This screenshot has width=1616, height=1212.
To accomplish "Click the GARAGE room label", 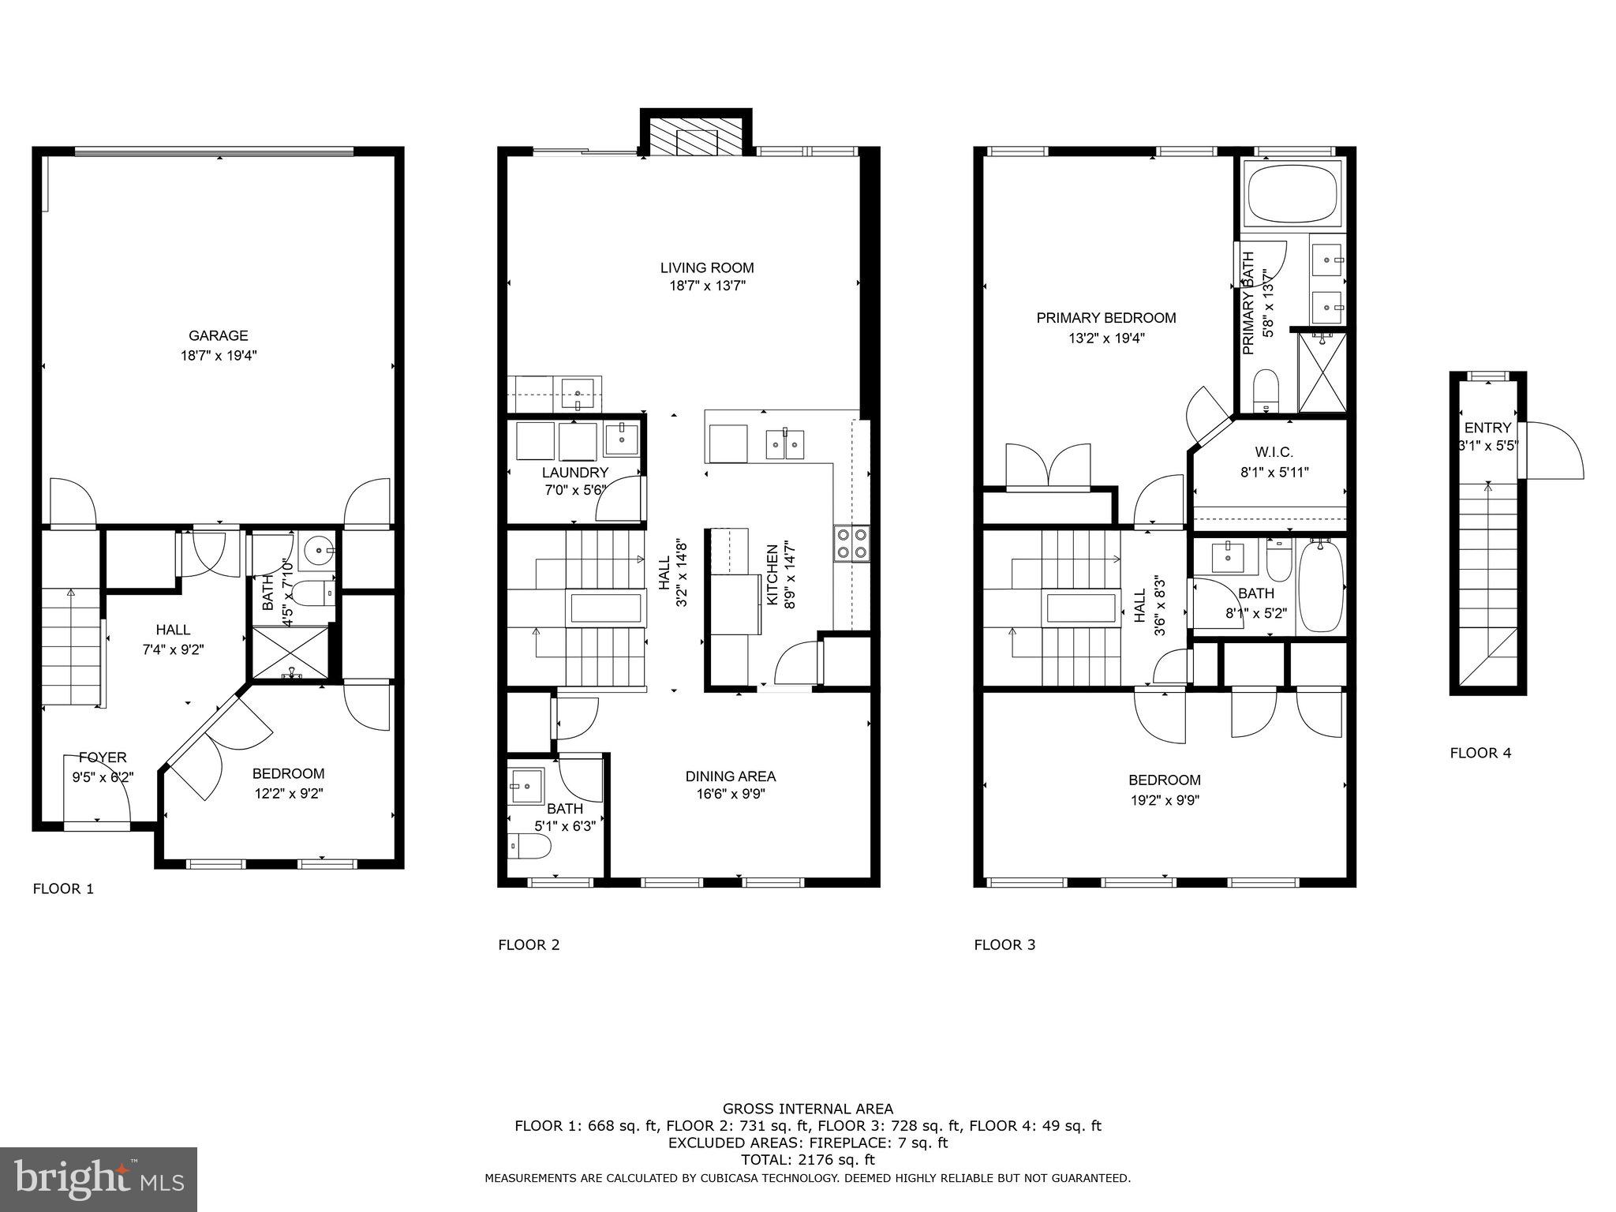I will (x=218, y=335).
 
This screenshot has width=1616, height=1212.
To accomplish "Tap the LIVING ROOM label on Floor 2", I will (x=706, y=267).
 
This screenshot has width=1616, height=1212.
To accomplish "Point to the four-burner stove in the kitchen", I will (x=851, y=543).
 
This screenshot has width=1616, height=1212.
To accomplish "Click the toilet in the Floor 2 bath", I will (x=530, y=848).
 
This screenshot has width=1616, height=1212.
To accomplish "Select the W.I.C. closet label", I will (x=1274, y=452).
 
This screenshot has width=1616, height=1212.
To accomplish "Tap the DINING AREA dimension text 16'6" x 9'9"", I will (x=730, y=795).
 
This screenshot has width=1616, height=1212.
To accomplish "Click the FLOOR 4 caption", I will (x=1480, y=753).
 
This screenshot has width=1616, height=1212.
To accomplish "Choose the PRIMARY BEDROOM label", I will (x=1105, y=318).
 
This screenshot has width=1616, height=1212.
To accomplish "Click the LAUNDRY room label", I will (x=574, y=473).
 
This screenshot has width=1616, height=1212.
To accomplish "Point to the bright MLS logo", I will (x=99, y=1179).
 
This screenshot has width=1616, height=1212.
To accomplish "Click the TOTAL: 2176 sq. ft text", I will (x=807, y=1160).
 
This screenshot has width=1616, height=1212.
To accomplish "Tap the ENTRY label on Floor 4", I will (x=1487, y=428).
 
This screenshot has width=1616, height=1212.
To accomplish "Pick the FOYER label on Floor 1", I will (x=102, y=757).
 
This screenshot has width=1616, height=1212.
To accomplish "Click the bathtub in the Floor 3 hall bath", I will (x=1320, y=585).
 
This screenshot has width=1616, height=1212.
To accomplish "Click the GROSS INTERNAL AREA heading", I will (x=807, y=1109).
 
